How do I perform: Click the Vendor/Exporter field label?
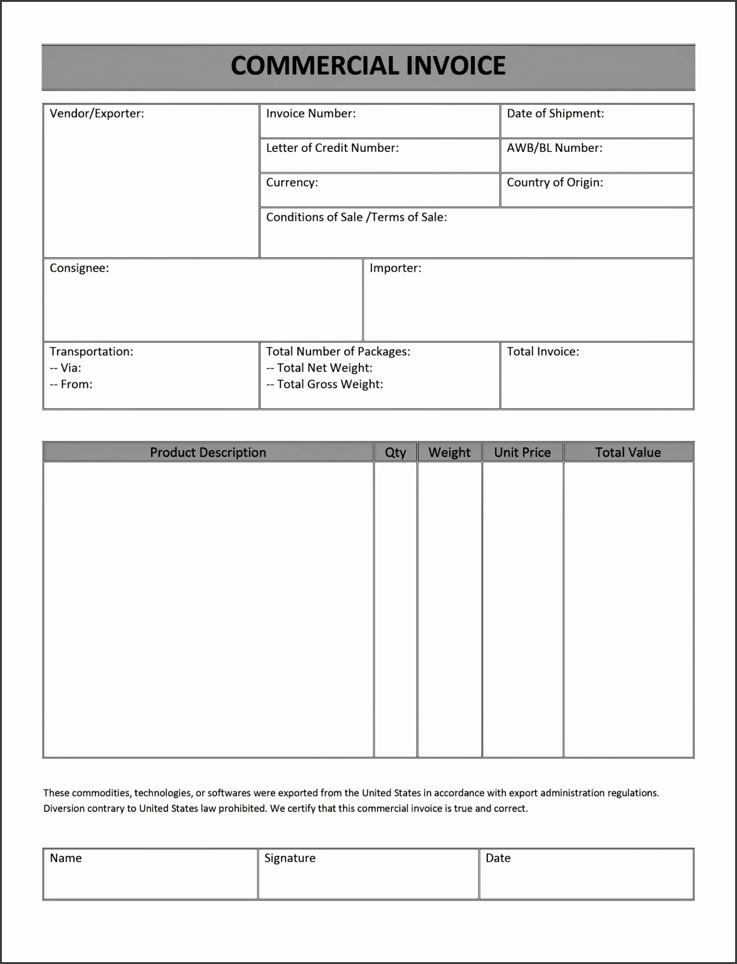(x=97, y=114)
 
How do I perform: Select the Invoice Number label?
(x=310, y=114)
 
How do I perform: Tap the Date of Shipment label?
(x=555, y=114)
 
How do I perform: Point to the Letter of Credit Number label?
(x=332, y=148)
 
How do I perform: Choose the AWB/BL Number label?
(x=554, y=148)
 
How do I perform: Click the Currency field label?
(x=292, y=183)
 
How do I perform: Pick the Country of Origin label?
(x=554, y=183)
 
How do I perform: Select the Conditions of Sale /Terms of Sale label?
(x=356, y=217)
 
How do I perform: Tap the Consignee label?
(x=79, y=268)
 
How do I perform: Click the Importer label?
(x=395, y=268)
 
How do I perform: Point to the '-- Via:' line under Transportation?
(x=65, y=368)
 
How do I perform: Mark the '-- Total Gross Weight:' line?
(x=324, y=384)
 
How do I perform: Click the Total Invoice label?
(x=543, y=351)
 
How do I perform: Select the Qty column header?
(x=395, y=453)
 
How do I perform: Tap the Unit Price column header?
(x=522, y=453)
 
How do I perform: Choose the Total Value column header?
(x=628, y=453)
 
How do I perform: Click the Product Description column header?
(x=208, y=453)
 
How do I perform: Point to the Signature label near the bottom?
(x=290, y=858)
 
